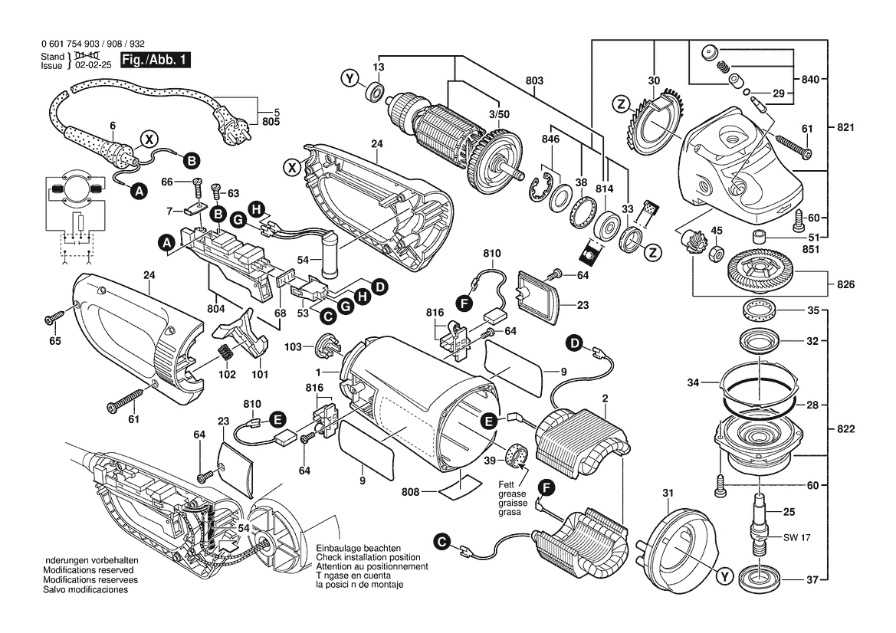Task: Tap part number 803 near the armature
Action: coord(534,80)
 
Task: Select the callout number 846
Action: coord(550,140)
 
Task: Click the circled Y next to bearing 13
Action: coord(350,79)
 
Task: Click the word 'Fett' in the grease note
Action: coord(507,484)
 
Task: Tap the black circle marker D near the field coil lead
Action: coord(576,343)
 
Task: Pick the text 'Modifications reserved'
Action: coord(88,571)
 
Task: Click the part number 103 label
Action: coord(294,348)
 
